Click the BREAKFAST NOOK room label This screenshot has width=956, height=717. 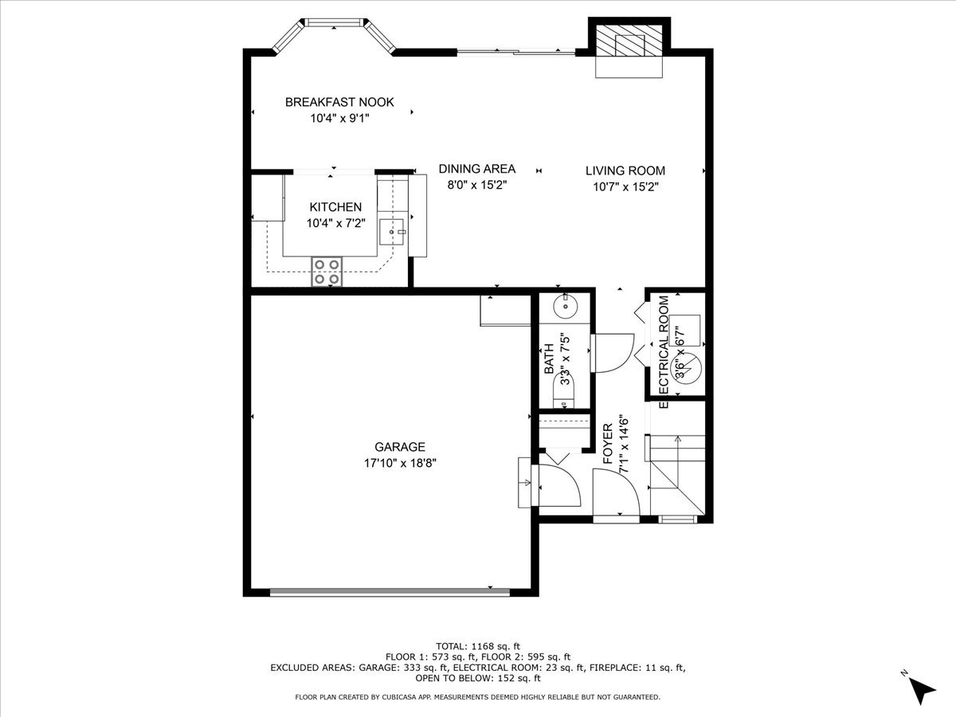[339, 102]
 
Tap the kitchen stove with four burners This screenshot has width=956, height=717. [327, 272]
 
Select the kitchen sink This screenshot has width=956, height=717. [390, 232]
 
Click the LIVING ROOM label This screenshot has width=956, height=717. [625, 170]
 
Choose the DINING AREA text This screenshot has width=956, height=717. [476, 169]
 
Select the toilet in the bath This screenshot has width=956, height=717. [564, 394]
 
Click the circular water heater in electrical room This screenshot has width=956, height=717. [687, 367]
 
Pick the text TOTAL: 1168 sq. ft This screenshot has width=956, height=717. [477, 646]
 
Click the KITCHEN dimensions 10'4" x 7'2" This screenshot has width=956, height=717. [335, 224]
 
